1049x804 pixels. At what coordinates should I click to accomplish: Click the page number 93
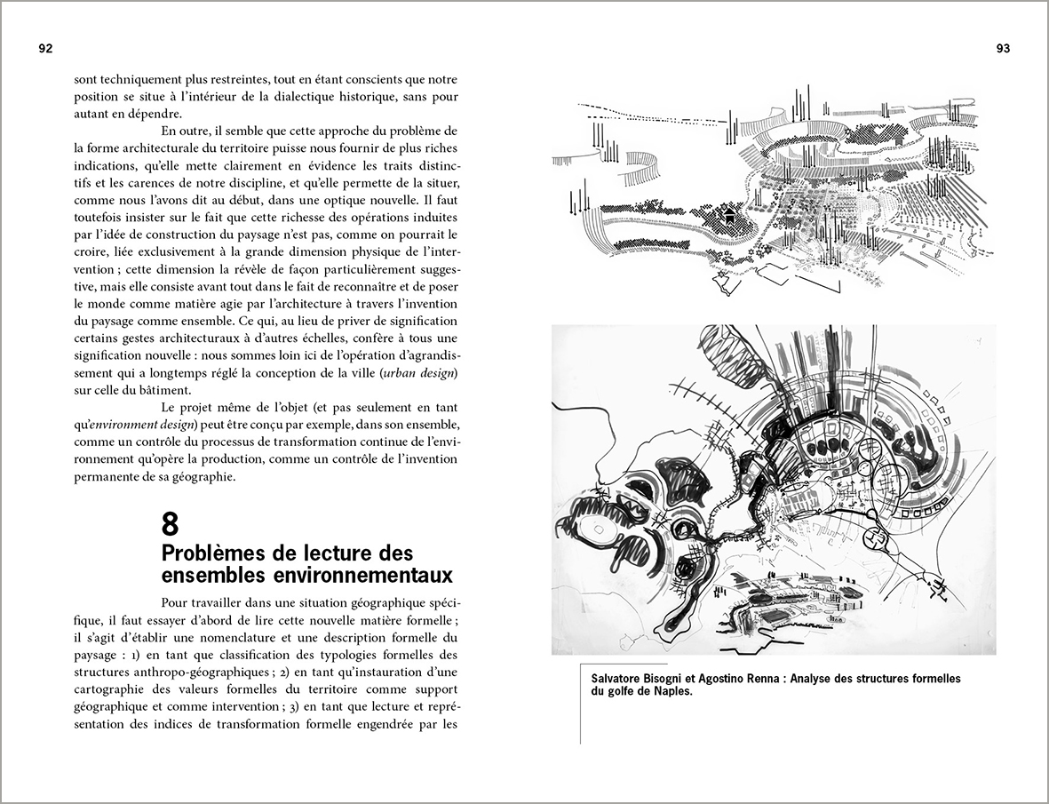pos(1003,49)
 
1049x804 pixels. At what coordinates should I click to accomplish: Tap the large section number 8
pos(170,524)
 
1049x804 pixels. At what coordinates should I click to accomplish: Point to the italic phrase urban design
pos(419,370)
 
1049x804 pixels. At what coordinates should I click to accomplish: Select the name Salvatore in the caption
pos(620,679)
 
